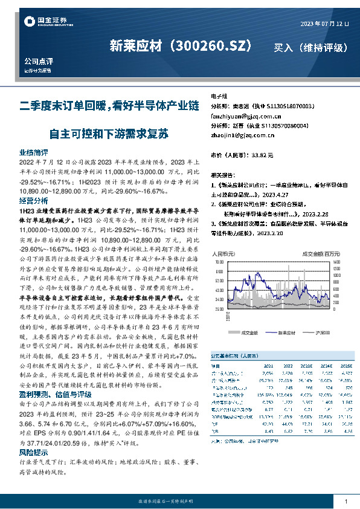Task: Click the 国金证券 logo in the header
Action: pos(45,22)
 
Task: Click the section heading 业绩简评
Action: pos(34,152)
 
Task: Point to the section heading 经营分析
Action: pos(34,200)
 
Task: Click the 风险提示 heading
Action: pos(34,452)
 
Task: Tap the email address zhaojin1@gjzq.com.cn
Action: pos(239,135)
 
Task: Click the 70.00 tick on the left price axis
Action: pos(219,263)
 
